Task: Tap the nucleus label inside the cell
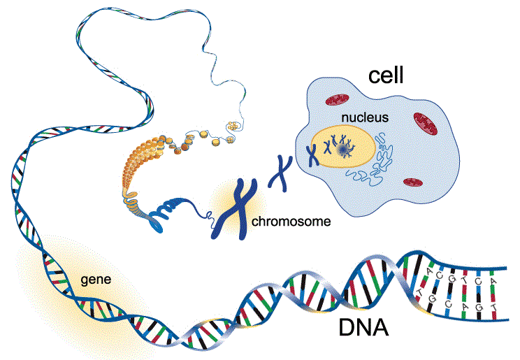365,117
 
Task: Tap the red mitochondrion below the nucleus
413,182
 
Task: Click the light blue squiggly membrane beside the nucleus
382,155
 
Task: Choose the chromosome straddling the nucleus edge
312,149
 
